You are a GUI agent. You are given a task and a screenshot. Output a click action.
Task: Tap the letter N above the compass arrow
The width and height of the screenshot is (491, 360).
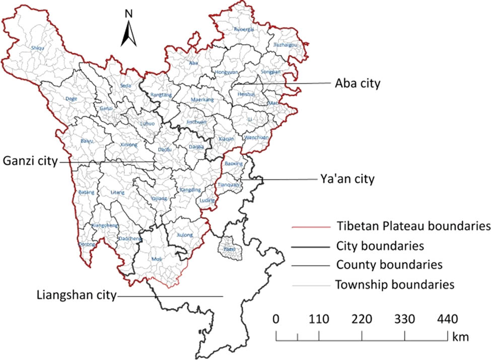pos(128,14)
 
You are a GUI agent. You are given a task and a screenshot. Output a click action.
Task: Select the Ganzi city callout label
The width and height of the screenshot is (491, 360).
pos(30,161)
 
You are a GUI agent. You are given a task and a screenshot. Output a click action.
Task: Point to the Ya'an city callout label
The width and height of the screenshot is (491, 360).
pos(347,179)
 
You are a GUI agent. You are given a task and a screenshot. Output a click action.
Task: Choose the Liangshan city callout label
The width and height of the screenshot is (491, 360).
pos(76,295)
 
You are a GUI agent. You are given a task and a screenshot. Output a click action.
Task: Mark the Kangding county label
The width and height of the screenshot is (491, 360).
pos(190,190)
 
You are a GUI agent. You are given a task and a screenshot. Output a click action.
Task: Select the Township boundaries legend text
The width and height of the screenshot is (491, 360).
pos(395,284)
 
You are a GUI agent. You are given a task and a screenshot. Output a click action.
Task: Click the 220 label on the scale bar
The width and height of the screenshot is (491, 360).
pos(362,319)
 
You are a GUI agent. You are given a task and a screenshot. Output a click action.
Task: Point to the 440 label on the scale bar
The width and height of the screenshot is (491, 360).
pos(448,319)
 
